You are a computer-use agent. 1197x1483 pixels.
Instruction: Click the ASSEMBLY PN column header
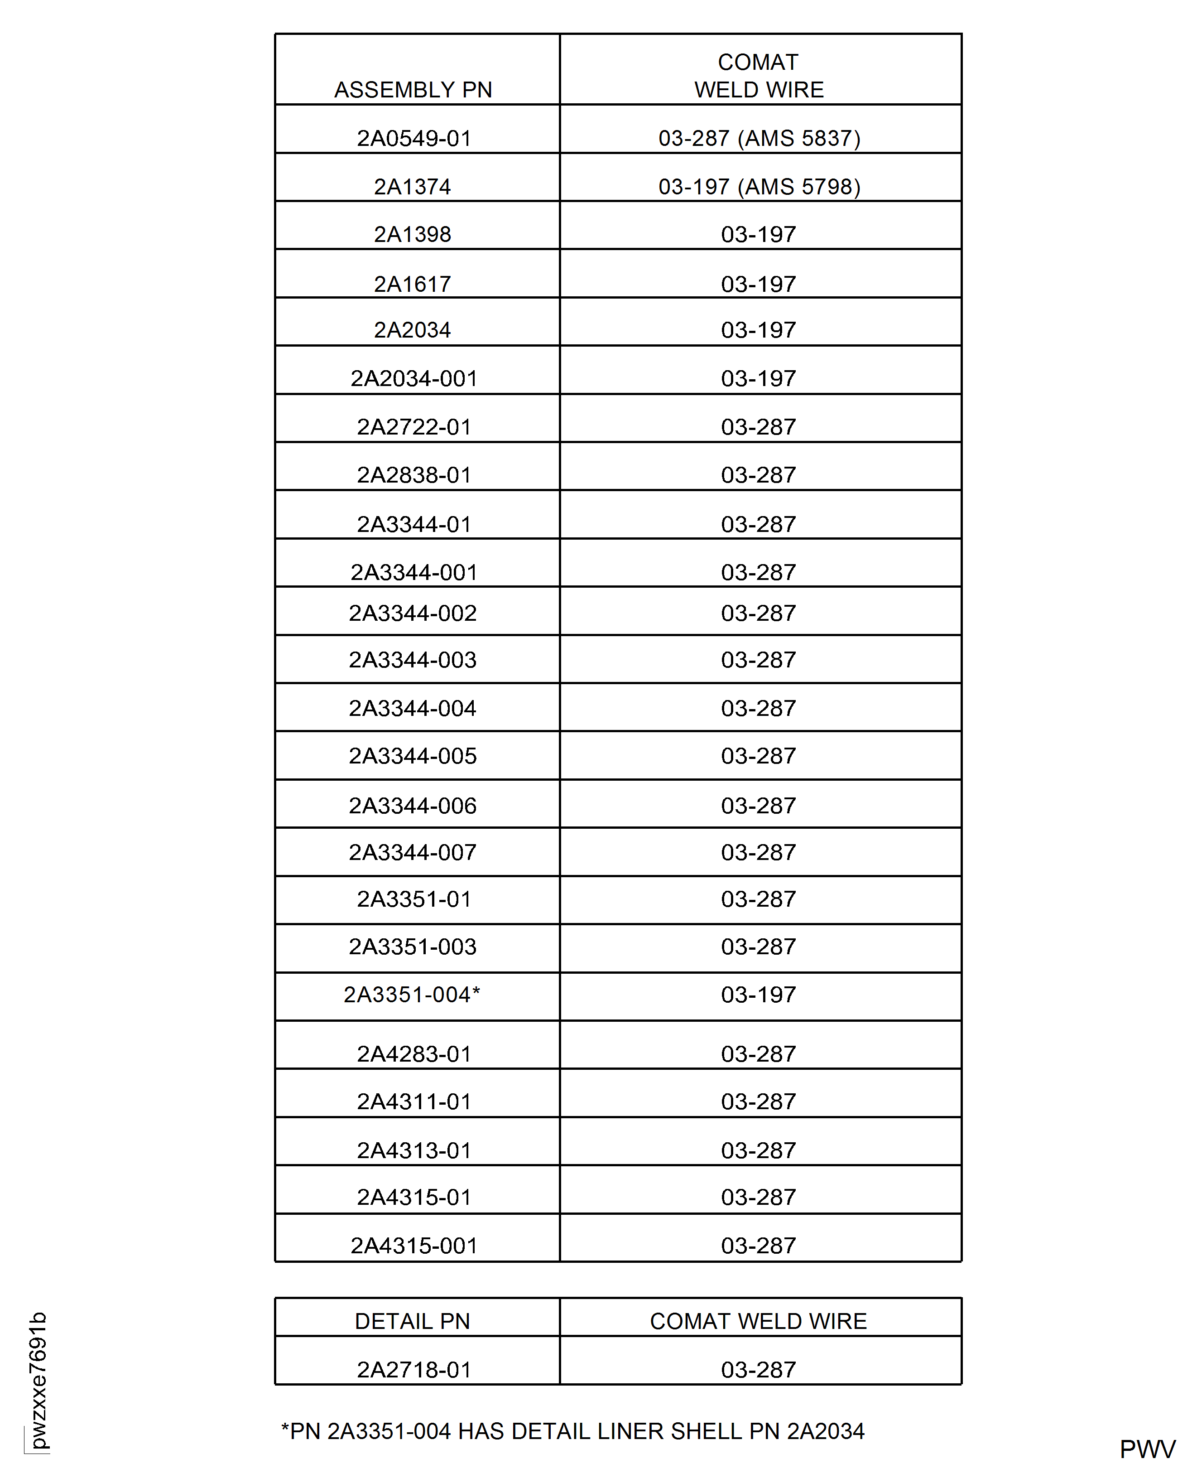pos(413,90)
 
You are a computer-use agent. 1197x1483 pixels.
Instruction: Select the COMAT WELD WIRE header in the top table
pos(759,76)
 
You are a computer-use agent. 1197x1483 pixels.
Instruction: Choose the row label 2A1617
pos(412,284)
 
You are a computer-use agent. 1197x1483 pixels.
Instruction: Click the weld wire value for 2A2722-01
pos(759,427)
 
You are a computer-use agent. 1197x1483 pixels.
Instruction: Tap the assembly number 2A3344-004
pos(412,708)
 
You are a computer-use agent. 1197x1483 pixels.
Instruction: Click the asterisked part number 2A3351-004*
pos(412,995)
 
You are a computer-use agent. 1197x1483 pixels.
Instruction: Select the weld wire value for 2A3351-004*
pos(759,995)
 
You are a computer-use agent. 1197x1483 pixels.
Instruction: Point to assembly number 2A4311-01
pos(413,1101)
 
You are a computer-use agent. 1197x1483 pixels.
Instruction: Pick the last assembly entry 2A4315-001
pos(413,1246)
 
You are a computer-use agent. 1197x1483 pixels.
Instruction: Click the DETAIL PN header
pos(412,1321)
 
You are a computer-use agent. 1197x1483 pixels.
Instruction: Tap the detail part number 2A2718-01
pos(413,1369)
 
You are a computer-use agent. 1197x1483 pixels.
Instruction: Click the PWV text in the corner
pos(1147,1449)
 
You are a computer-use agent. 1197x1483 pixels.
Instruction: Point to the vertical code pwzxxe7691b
pos(38,1380)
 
